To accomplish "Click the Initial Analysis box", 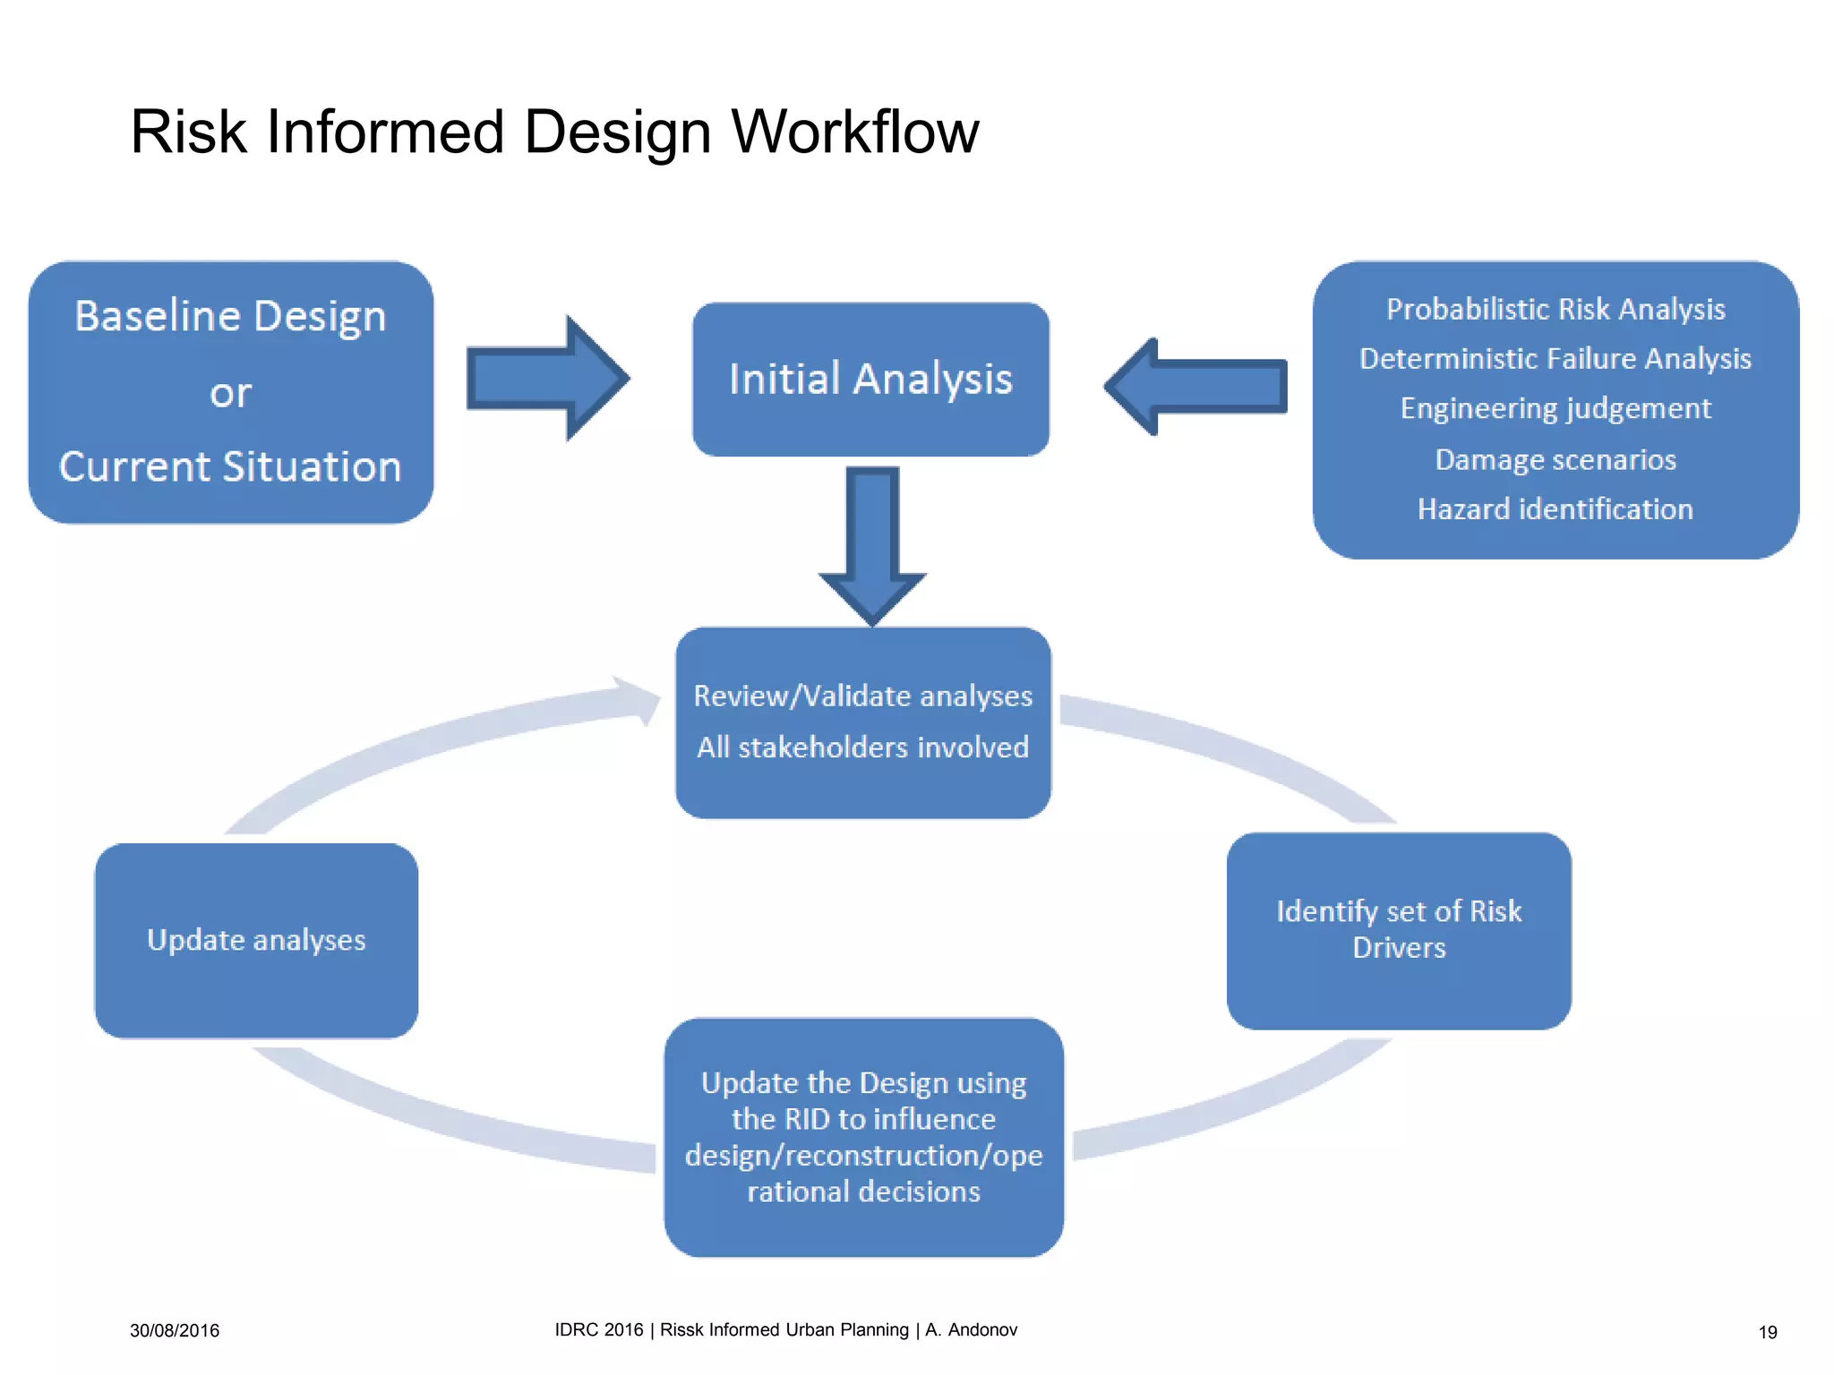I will [x=870, y=379].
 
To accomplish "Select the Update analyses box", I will [x=256, y=940].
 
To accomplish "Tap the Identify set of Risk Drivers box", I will [x=1399, y=930].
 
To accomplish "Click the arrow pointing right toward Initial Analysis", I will [x=547, y=379].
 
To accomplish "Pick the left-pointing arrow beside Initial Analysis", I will [x=1196, y=387].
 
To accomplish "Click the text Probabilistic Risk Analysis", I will [x=1555, y=310].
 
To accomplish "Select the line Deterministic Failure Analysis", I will [x=1555, y=359].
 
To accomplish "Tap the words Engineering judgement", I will [x=1555, y=408].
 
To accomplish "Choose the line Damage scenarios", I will [x=1555, y=459].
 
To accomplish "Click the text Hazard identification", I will [x=1555, y=509].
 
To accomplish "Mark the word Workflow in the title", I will [x=855, y=132].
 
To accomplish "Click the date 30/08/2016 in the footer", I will [x=175, y=1330].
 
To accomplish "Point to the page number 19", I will [x=1767, y=1332].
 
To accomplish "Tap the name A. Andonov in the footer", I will [x=972, y=1329].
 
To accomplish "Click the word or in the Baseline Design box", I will [x=230, y=393].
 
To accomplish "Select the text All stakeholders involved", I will [x=863, y=747].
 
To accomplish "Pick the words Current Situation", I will [x=230, y=466].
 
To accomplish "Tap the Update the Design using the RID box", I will [x=863, y=1137].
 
